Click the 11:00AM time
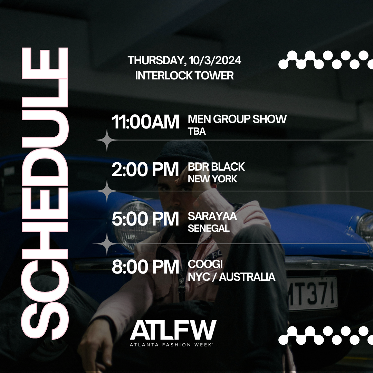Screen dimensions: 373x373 (x=145, y=122)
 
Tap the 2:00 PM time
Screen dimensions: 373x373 (x=145, y=170)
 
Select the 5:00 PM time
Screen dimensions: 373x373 (x=145, y=219)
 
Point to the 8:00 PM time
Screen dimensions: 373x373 (x=145, y=267)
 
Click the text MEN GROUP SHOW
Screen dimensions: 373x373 (x=237, y=119)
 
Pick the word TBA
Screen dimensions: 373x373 (x=197, y=131)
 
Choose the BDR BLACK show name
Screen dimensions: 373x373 (x=216, y=167)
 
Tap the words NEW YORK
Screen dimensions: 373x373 (x=212, y=179)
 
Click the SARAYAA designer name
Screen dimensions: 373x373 (x=212, y=216)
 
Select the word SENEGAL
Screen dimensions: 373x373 (x=209, y=228)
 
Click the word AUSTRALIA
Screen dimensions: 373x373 (x=247, y=277)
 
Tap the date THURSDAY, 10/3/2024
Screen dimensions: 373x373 (x=184, y=60)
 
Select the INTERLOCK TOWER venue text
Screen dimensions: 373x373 (x=184, y=75)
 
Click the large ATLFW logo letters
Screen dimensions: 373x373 (x=173, y=330)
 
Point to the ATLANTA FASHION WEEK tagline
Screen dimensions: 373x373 (x=171, y=345)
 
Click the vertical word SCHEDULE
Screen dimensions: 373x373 (x=45, y=193)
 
